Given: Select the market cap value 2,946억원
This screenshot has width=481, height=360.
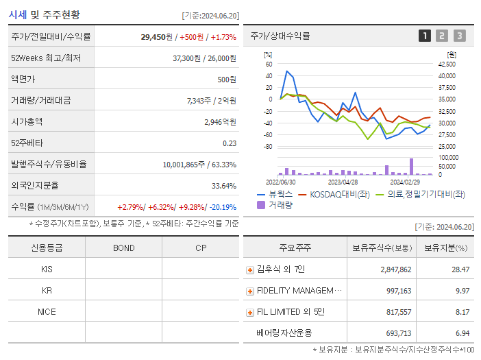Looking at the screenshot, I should coord(220,122).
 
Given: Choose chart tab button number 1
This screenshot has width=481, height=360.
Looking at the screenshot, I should coord(425,36).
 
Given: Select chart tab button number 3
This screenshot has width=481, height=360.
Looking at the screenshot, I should coord(459,36).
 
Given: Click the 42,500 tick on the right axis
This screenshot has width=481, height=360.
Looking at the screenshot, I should coord(446,64).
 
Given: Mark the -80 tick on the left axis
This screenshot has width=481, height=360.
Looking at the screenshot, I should coord(268,147).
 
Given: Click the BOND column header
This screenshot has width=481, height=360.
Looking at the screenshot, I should coord(123,248).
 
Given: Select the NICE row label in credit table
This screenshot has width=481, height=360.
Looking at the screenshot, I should coord(47,311).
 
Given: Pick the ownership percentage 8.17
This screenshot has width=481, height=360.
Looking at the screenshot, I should coord(462,312).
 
